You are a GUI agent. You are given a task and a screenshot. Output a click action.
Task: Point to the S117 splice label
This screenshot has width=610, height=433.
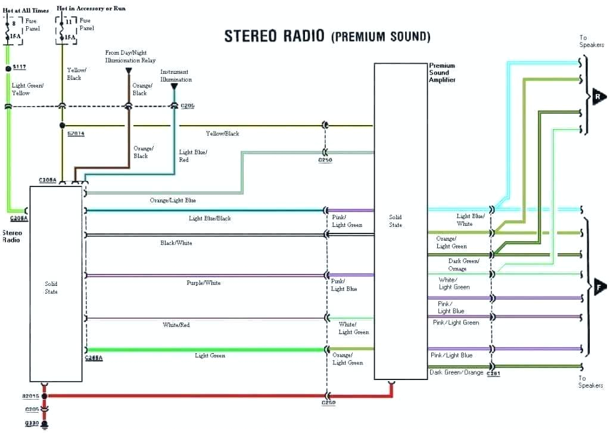coord(20,67)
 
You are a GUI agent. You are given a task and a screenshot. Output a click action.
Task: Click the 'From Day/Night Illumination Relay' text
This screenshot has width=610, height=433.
coord(130,57)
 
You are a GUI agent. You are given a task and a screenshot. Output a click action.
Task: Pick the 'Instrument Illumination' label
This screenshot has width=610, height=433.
coord(176,76)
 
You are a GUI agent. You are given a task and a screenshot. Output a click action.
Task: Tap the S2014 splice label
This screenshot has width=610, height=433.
coord(76,133)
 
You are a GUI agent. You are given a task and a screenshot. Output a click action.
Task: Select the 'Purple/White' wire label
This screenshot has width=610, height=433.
coord(203,283)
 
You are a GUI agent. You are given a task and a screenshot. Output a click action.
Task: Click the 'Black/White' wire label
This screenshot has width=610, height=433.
coord(176,243)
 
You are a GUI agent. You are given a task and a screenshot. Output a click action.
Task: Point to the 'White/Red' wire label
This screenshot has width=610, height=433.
coord(176,325)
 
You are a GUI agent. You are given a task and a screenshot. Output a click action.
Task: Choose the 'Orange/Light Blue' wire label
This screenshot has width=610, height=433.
coord(173,201)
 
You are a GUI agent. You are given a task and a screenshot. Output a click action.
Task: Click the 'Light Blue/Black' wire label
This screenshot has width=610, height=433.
coord(210,219)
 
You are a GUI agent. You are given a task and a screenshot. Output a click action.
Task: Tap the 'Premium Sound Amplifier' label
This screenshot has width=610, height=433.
coord(442,73)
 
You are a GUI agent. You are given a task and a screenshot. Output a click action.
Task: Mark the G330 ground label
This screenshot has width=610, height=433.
coord(32,423)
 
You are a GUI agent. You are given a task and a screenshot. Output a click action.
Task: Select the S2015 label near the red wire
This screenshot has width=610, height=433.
coord(30,395)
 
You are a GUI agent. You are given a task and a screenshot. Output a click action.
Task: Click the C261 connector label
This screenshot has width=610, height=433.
coord(493,373)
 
